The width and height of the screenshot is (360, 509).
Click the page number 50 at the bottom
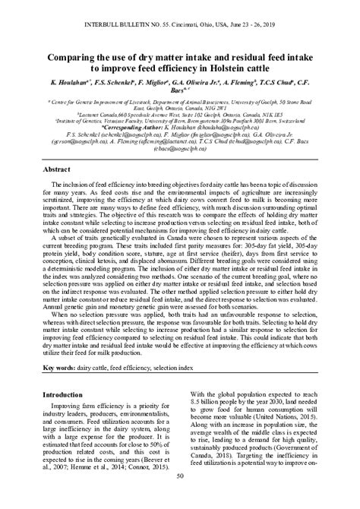point(180,498)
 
